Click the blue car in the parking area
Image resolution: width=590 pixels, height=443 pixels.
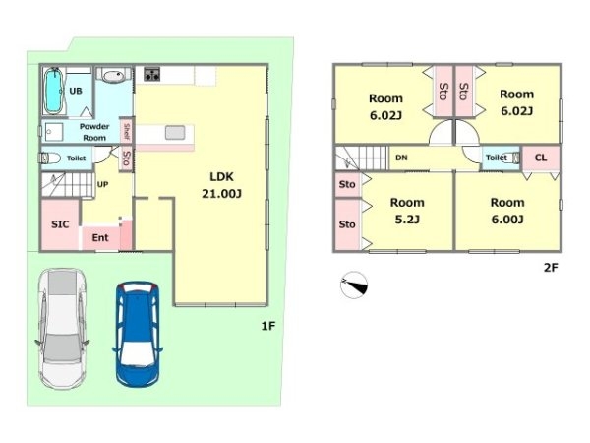(x=138, y=335)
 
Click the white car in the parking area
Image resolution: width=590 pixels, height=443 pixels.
(x=63, y=328)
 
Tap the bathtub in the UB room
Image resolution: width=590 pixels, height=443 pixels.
(x=53, y=91)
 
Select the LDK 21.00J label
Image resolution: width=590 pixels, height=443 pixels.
(x=221, y=185)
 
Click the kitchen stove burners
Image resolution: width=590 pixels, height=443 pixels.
(x=152, y=74)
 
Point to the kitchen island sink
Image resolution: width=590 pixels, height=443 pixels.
(x=175, y=133)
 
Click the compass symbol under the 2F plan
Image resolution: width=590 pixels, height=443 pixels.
(x=354, y=285)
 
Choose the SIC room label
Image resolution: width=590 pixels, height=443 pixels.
(x=60, y=224)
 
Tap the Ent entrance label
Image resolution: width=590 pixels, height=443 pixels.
(x=100, y=237)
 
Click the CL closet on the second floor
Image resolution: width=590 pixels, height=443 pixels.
(x=540, y=158)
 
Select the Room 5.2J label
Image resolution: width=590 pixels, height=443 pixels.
(x=407, y=211)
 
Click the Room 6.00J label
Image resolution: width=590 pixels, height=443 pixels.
(x=507, y=211)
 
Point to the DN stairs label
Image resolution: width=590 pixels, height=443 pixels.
(x=401, y=158)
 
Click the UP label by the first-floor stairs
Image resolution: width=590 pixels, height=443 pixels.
(x=102, y=184)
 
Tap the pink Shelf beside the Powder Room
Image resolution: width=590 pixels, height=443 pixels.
(x=127, y=131)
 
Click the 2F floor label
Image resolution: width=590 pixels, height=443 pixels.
(x=551, y=268)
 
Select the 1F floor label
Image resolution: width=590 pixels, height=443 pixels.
(x=268, y=326)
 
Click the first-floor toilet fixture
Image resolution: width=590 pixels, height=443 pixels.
(x=50, y=158)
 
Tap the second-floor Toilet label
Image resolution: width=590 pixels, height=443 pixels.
(x=496, y=158)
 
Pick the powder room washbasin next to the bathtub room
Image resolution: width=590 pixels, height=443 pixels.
(x=114, y=76)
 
